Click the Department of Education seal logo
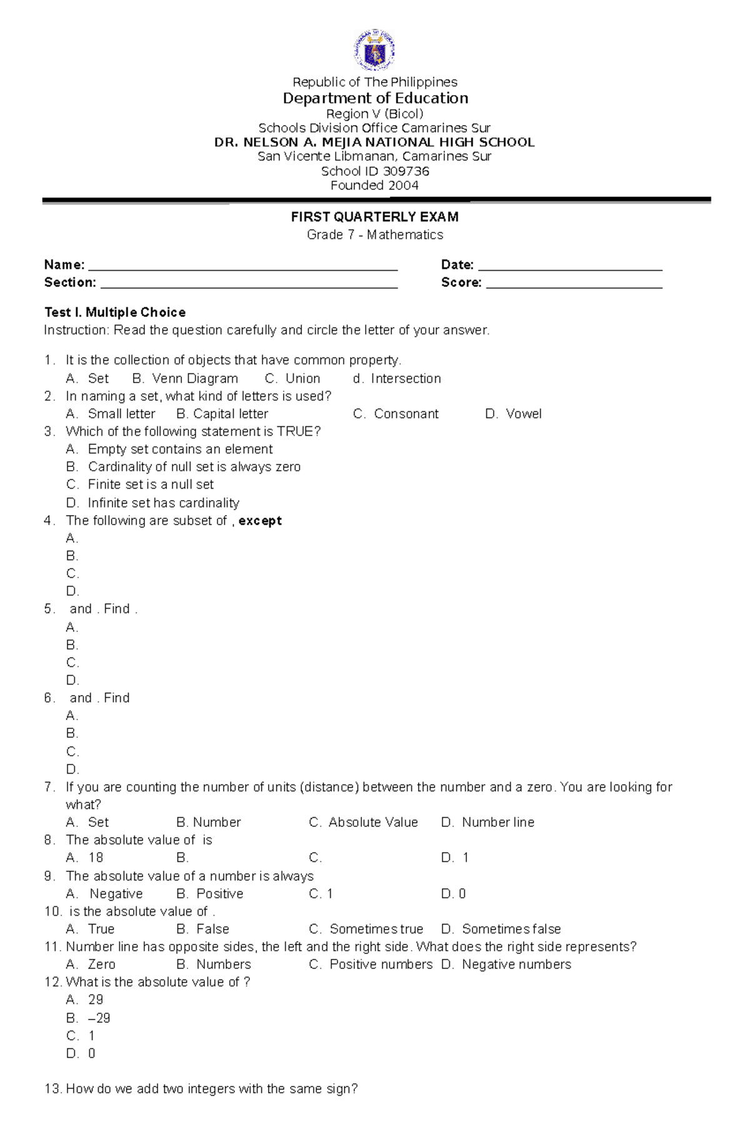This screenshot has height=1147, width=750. (x=374, y=50)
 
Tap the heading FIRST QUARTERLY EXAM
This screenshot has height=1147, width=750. (x=374, y=217)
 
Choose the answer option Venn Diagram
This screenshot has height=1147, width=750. (x=194, y=379)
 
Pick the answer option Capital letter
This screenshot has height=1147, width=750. (x=230, y=414)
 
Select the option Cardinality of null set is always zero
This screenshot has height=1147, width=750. (x=194, y=467)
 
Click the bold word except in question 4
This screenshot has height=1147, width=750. (x=260, y=521)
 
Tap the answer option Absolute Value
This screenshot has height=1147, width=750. (x=372, y=823)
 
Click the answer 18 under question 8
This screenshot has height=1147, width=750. (x=96, y=858)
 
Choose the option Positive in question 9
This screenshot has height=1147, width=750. (x=219, y=894)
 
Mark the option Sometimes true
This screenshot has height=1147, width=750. (x=376, y=929)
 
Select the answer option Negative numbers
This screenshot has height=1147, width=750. (x=516, y=964)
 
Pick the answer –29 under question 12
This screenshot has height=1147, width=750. (x=99, y=1018)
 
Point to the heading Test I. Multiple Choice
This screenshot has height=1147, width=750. (x=115, y=313)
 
